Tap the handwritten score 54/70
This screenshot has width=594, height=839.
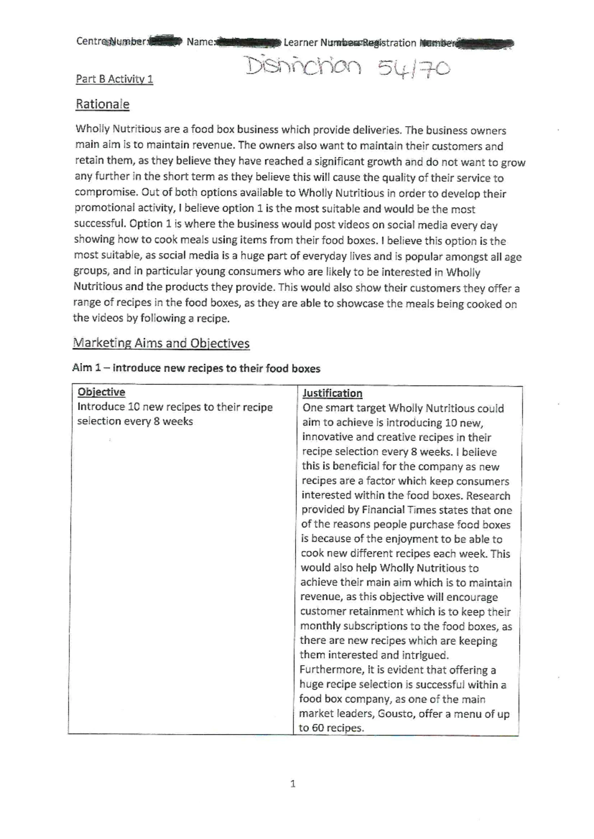(x=414, y=68)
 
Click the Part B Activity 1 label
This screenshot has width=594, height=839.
(x=114, y=79)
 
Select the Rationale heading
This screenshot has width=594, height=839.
(x=102, y=104)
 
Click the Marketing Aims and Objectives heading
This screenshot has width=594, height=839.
(x=161, y=343)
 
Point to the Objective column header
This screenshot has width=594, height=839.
(x=101, y=392)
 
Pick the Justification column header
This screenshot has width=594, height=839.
(x=332, y=393)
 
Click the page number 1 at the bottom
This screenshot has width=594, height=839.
(x=293, y=784)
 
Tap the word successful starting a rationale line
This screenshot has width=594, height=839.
(x=98, y=224)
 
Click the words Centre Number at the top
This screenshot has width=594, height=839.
(x=111, y=42)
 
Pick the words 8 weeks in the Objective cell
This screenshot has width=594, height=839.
(x=173, y=421)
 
